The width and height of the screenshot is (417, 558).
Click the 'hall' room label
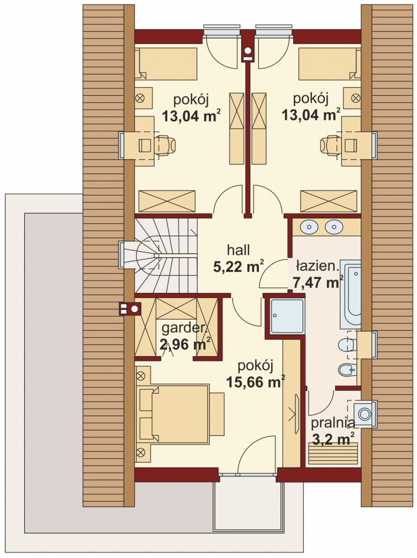[x=239, y=250]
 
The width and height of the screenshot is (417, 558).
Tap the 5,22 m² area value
[x=239, y=266]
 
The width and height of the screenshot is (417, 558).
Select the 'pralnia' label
[x=333, y=424]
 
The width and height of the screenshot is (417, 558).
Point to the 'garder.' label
[x=184, y=328]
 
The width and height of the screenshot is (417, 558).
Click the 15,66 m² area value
[x=256, y=382]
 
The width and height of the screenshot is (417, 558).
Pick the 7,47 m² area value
[x=318, y=283]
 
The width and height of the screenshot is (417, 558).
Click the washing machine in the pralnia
[x=364, y=413]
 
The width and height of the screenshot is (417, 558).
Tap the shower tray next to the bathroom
[x=287, y=315]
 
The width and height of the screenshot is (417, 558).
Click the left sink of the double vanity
[x=308, y=227]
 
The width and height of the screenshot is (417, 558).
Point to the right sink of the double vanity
[x=334, y=227]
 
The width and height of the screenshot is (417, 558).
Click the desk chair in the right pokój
[x=331, y=145]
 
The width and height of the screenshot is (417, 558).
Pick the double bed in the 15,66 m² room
[x=180, y=414]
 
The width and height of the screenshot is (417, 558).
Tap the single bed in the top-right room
[x=330, y=64]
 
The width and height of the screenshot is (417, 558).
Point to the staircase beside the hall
[x=166, y=255]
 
